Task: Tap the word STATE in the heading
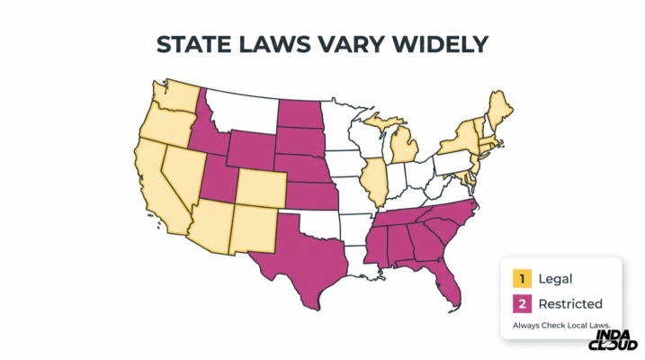pos(194,45)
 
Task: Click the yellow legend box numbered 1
pos(519,279)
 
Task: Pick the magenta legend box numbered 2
pos(519,303)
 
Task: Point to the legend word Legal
pos(555,279)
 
